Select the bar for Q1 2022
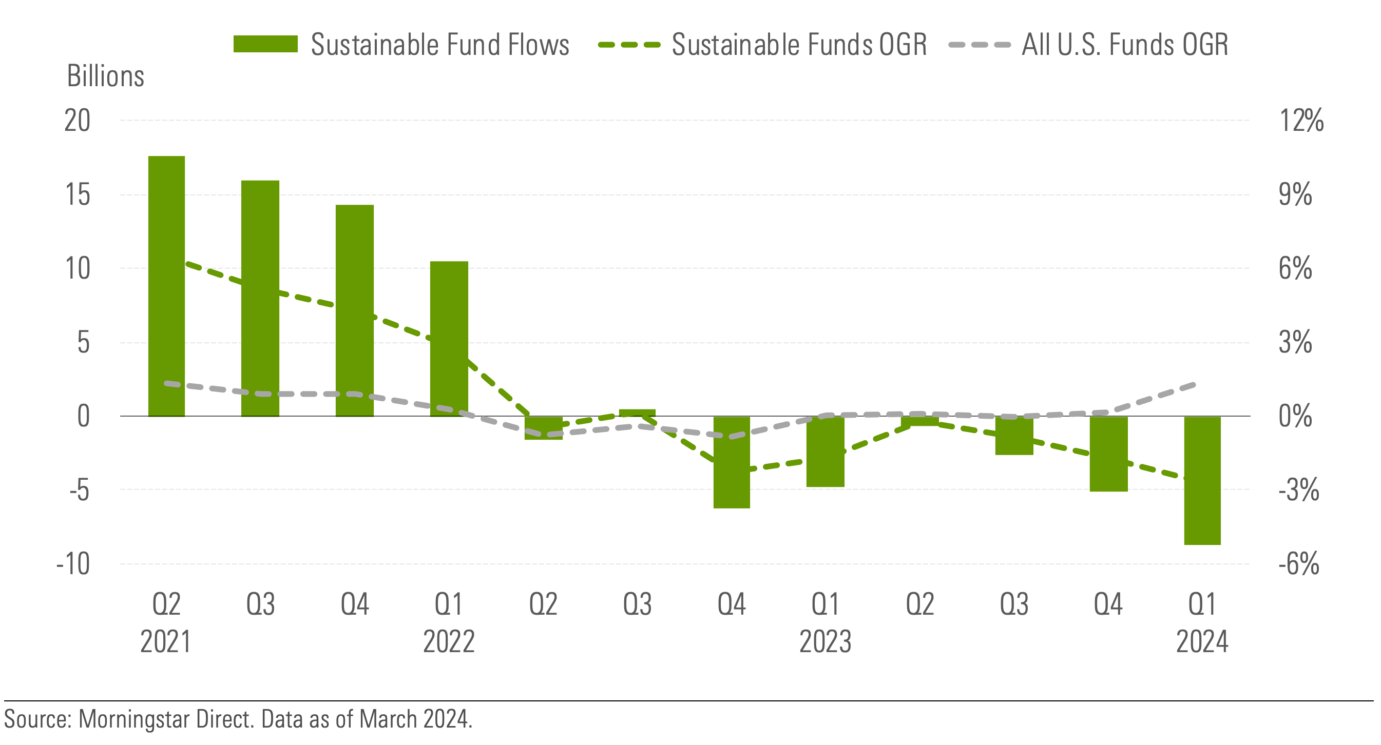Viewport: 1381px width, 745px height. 449,338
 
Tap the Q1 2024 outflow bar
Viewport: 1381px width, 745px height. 1202,480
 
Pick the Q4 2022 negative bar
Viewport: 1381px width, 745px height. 731,462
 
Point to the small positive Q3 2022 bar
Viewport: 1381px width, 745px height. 637,413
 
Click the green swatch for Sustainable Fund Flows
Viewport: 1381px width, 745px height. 265,44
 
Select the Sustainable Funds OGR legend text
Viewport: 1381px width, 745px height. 799,44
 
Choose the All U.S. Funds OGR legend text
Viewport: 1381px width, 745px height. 1125,44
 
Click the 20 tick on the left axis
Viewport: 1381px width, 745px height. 77,121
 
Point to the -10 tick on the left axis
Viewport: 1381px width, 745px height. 73,564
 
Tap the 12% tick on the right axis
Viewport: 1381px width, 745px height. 1301,121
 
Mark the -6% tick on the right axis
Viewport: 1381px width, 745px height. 1298,564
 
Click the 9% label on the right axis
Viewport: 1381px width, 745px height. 1295,194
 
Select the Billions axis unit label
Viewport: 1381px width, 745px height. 106,76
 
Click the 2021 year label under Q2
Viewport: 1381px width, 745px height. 166,641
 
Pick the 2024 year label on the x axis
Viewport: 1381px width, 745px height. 1202,641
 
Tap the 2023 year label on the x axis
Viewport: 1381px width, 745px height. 825,641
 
